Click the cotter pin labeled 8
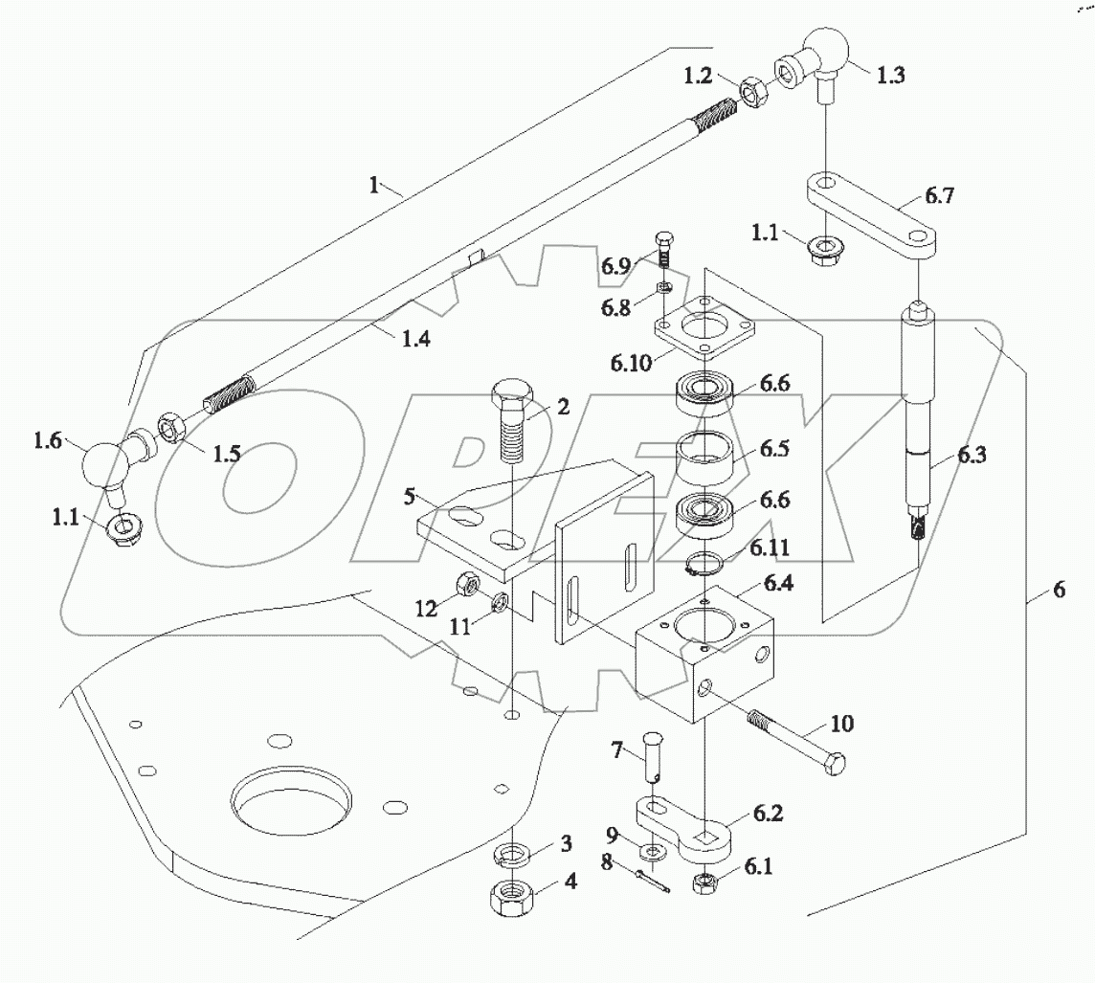[x=650, y=879]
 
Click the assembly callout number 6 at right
[x=1058, y=591]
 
